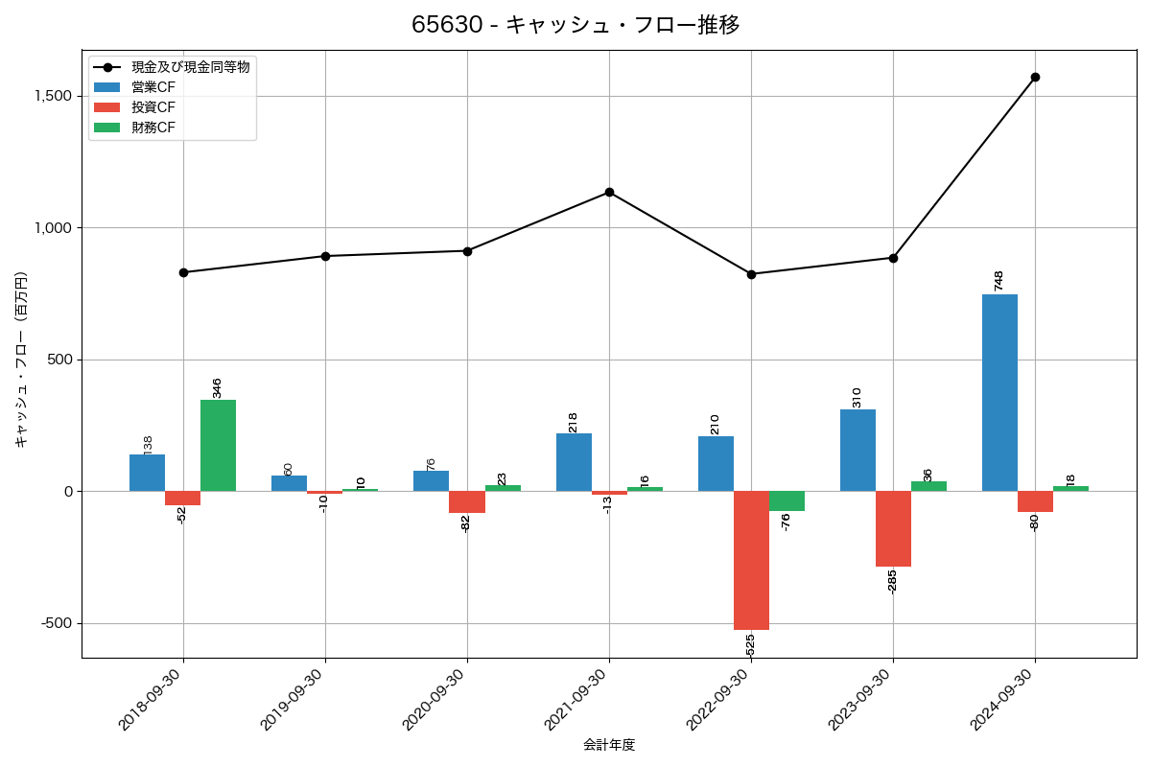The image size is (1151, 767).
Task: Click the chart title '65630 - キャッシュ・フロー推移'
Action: [x=575, y=25]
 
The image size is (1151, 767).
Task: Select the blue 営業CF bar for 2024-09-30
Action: [x=999, y=393]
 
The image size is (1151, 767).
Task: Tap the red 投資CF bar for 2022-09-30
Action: [x=751, y=560]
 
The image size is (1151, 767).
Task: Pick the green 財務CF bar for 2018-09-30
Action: [x=218, y=446]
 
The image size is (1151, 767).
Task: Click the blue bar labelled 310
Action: [x=857, y=451]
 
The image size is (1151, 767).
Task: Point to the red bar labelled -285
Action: [x=893, y=528]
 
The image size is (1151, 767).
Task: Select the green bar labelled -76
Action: [x=787, y=501]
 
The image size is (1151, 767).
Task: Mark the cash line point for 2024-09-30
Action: [x=1035, y=77]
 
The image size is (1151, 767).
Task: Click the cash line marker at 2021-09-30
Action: [x=609, y=192]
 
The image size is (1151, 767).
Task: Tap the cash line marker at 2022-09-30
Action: [x=751, y=274]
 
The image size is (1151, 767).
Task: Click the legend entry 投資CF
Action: [x=153, y=107]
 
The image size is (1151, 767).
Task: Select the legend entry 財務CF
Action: [x=153, y=128]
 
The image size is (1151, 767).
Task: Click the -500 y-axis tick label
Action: [x=56, y=623]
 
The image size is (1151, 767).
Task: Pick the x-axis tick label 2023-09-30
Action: [x=864, y=699]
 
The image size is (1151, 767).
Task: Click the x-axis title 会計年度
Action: [x=609, y=745]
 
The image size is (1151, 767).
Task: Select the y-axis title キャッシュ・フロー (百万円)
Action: [x=21, y=360]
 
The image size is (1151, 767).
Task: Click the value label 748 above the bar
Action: [x=998, y=281]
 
